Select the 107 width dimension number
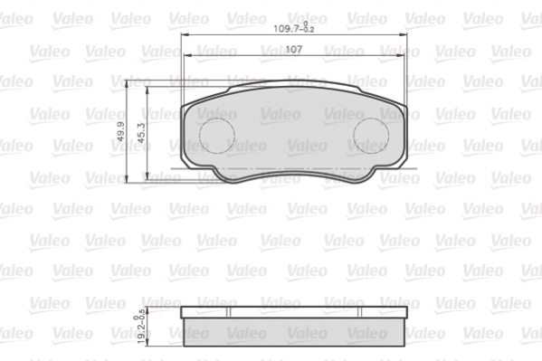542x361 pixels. point(293,49)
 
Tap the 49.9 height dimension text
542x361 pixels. point(121,132)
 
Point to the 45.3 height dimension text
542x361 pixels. point(140,132)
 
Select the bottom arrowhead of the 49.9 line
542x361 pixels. point(128,180)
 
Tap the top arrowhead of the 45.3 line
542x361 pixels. point(147,91)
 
